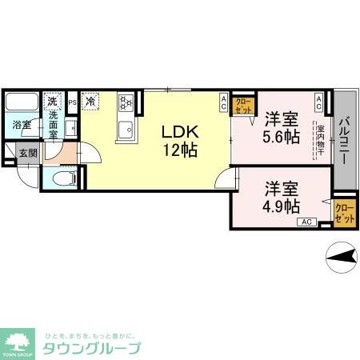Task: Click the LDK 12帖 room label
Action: point(180,139)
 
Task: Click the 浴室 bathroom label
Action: point(21,126)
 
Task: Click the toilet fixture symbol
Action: point(64,176)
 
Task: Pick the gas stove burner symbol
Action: point(126,102)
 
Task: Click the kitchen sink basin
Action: point(125,130)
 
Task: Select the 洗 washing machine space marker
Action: point(52,101)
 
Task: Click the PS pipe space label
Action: point(72,102)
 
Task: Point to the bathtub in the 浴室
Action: point(21,104)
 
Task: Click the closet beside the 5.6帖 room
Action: point(243,106)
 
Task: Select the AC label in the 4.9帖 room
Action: point(308,222)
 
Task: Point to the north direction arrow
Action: point(342,257)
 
